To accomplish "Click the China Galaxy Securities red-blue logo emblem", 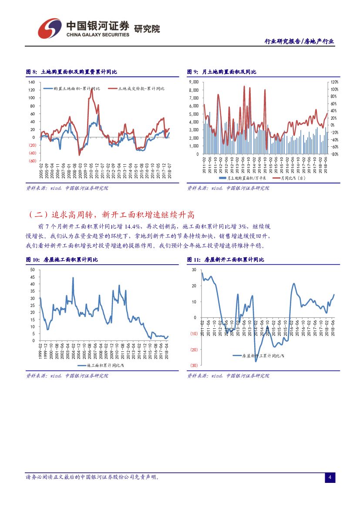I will point(49,28).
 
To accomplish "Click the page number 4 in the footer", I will point(330,478).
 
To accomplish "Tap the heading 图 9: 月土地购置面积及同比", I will point(222,71).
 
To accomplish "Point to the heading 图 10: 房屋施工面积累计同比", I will point(62,260).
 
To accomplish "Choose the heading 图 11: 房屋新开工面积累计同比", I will point(225,260).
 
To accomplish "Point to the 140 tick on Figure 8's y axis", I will point(32,82).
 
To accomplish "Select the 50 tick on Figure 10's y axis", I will point(33,270).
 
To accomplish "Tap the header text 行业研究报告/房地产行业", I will point(299,41).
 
